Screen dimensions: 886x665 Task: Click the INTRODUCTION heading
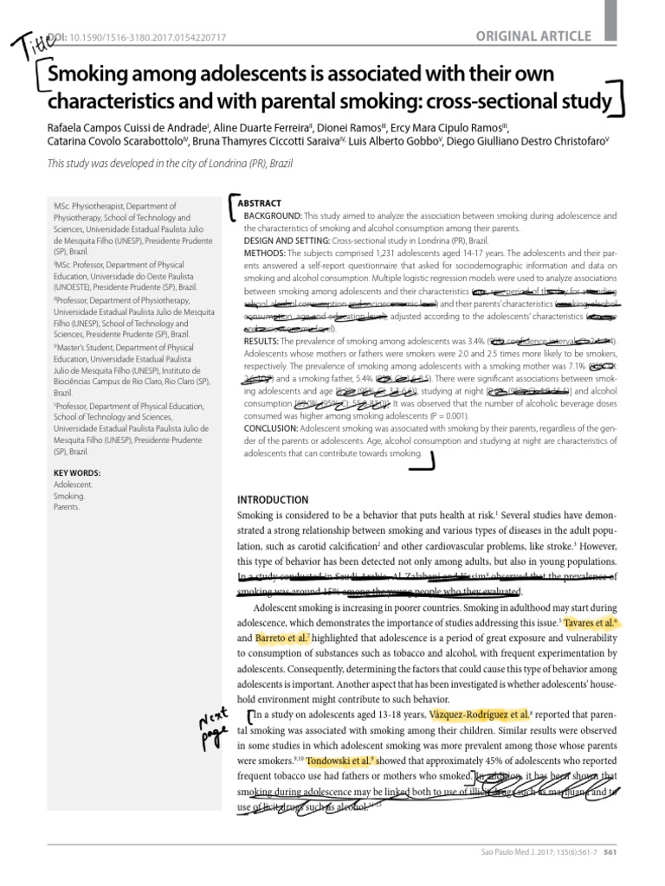pyautogui.click(x=273, y=500)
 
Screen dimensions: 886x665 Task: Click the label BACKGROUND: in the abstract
pyautogui.click(x=273, y=214)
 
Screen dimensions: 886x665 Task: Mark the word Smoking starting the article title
pyautogui.click(x=93, y=76)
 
